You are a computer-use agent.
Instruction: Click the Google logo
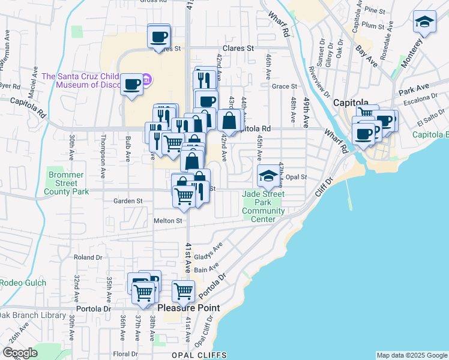(20, 353)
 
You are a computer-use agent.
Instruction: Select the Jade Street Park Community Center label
(264, 206)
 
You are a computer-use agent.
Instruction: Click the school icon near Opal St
(269, 175)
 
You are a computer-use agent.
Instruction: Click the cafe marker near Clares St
(159, 37)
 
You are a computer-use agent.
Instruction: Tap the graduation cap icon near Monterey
(424, 23)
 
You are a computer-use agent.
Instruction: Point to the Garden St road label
(128, 201)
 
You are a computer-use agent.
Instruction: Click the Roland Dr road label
(88, 257)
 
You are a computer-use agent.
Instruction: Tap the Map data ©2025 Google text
(412, 355)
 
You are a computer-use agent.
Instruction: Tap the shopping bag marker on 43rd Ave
(229, 121)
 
